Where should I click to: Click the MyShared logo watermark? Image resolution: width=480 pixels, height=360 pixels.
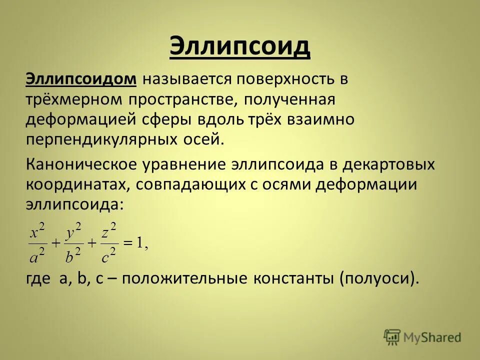click(x=422, y=337)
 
